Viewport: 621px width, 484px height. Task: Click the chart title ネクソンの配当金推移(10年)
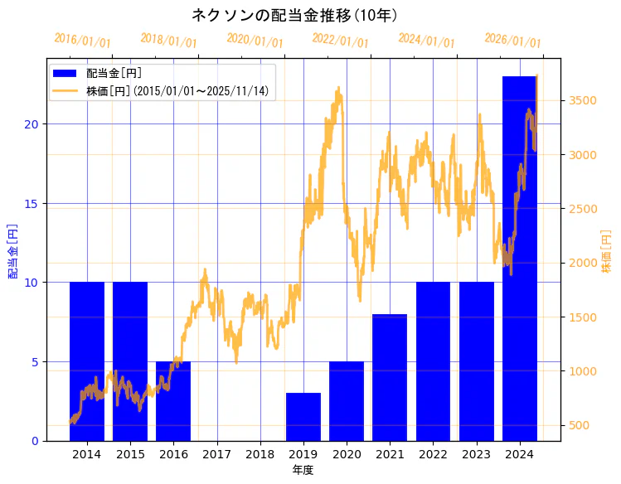click(x=295, y=15)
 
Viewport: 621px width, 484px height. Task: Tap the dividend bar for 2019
click(x=303, y=417)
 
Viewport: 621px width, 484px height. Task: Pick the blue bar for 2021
click(x=390, y=377)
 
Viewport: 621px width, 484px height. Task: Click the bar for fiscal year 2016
click(x=173, y=401)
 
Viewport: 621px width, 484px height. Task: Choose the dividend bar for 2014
click(x=87, y=361)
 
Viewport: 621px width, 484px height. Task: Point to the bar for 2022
click(x=433, y=361)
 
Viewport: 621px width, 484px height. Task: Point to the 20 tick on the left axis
click(x=32, y=124)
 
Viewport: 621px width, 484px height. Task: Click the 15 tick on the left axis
click(x=32, y=204)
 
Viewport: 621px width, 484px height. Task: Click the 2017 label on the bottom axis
click(x=216, y=454)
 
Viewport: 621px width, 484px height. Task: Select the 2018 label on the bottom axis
click(x=260, y=454)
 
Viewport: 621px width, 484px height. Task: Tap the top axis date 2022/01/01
click(x=340, y=40)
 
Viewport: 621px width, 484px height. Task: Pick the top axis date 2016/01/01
click(x=82, y=40)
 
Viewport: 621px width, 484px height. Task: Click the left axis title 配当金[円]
click(x=12, y=250)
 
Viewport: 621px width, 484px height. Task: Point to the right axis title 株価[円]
click(x=606, y=252)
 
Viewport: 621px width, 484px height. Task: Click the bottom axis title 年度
click(x=303, y=470)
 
